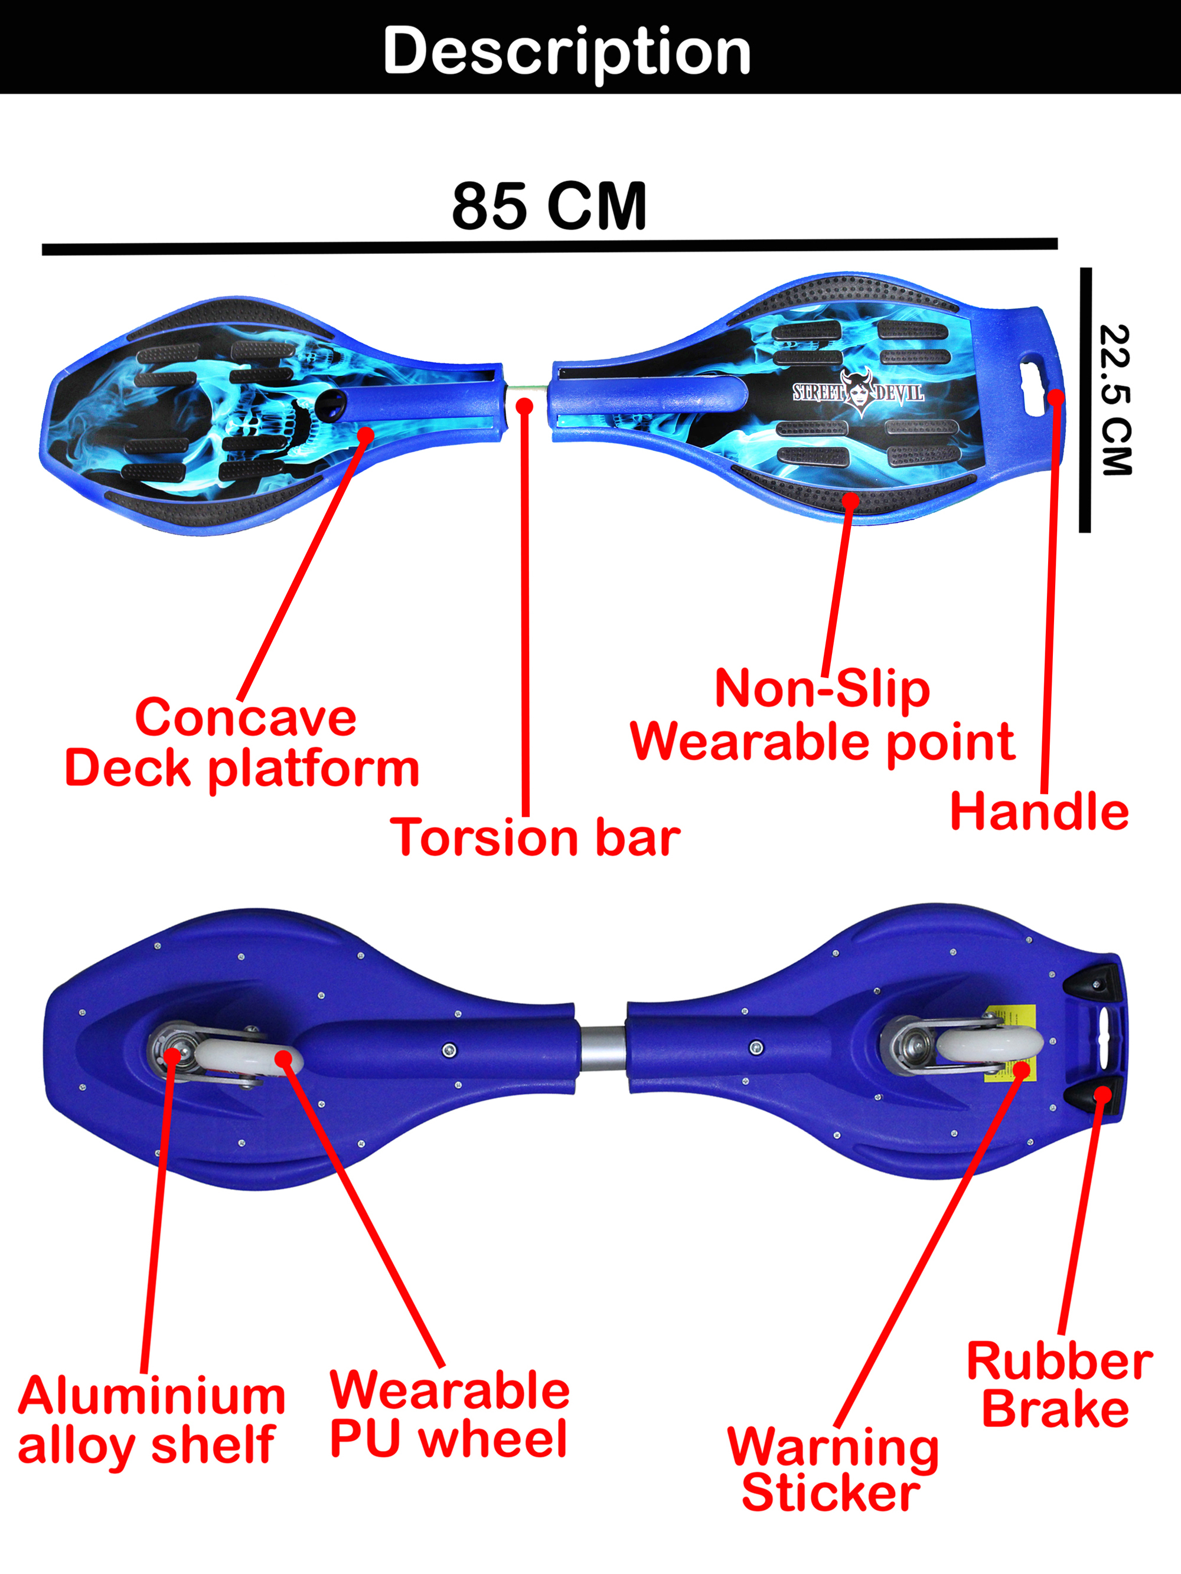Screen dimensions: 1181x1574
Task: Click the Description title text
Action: pyautogui.click(x=567, y=51)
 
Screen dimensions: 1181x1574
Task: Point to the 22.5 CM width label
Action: pyautogui.click(x=1115, y=400)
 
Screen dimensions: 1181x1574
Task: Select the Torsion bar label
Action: pyautogui.click(x=534, y=837)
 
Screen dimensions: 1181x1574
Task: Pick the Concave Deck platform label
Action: pyautogui.click(x=243, y=743)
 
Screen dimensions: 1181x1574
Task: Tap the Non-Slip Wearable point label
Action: pyautogui.click(x=823, y=715)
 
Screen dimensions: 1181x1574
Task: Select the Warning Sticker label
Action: pyautogui.click(x=832, y=1469)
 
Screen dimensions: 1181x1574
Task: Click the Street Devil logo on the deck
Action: pyautogui.click(x=859, y=391)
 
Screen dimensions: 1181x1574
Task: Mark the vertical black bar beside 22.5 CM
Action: pyautogui.click(x=1085, y=400)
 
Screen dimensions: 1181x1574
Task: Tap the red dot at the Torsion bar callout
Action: pyautogui.click(x=524, y=406)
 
